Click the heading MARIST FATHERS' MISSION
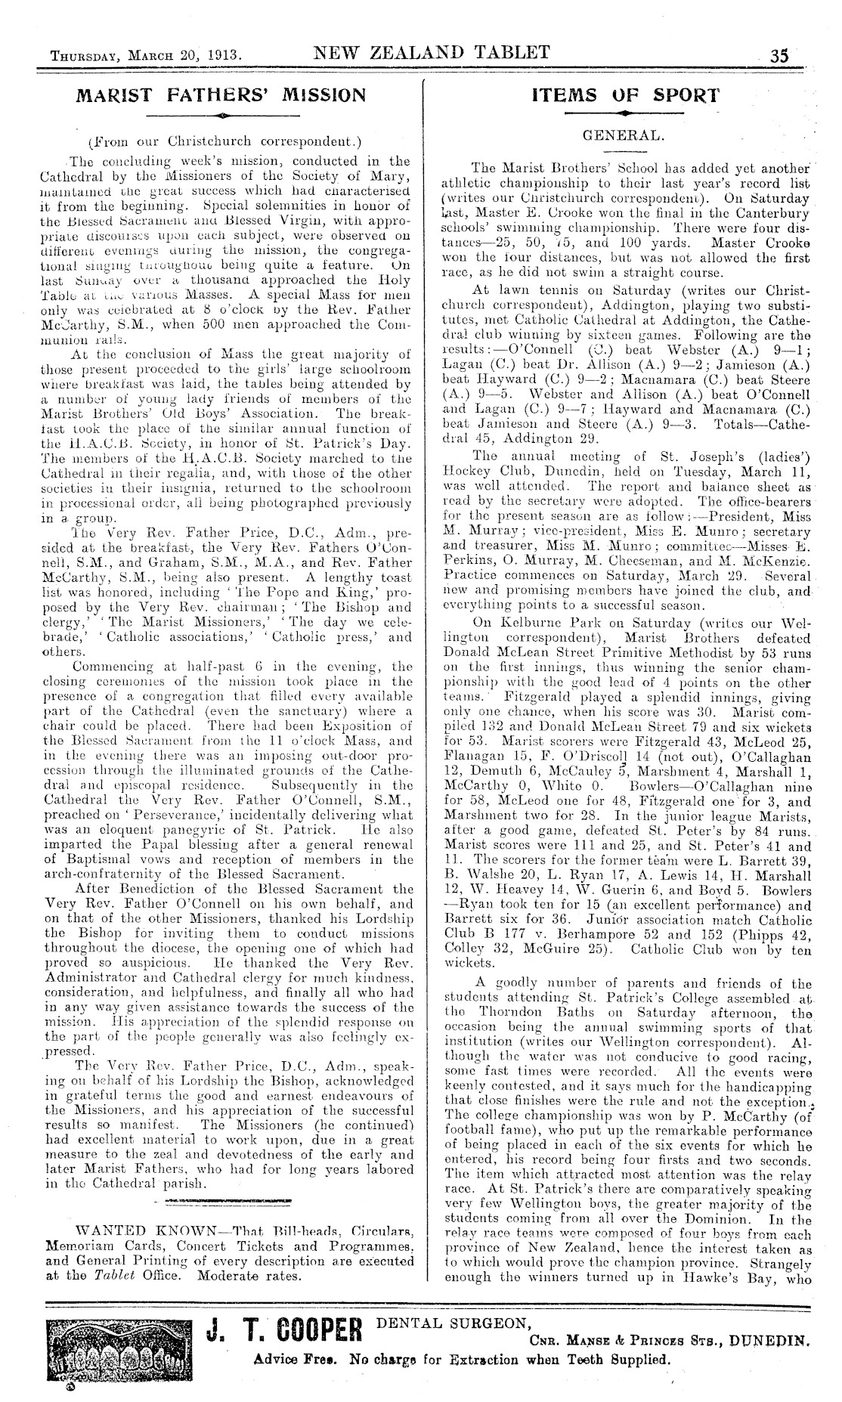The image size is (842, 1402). pos(224,96)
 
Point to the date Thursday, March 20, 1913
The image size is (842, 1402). pos(146,56)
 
